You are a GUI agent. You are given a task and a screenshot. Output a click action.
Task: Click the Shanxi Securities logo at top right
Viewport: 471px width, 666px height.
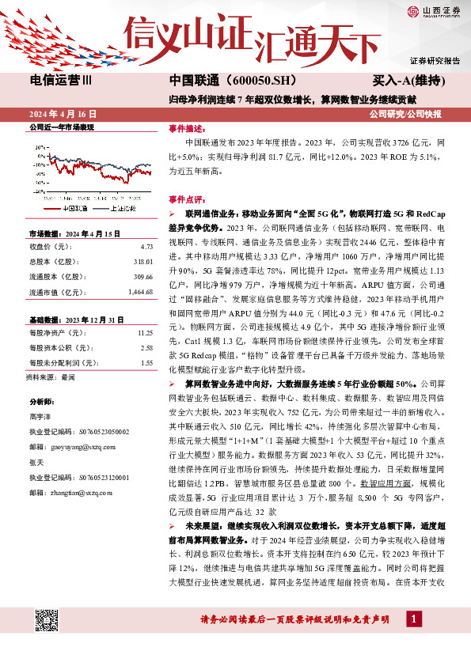434,10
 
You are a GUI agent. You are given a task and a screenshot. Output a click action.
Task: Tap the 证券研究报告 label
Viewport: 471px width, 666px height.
435,61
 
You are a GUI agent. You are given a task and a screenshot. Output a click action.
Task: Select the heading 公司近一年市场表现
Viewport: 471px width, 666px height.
61,127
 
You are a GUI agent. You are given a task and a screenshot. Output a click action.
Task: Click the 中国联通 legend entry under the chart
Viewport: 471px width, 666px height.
78,209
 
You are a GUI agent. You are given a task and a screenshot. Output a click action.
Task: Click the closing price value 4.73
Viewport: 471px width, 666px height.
146,246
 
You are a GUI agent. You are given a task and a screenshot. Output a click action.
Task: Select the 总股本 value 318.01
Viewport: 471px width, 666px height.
142,261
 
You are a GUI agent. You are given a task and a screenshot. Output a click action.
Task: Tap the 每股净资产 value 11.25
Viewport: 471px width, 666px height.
144,334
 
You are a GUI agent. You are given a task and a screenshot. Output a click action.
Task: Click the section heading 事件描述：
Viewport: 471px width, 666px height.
188,127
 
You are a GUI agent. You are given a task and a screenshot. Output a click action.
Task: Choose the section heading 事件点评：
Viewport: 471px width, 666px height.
188,200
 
